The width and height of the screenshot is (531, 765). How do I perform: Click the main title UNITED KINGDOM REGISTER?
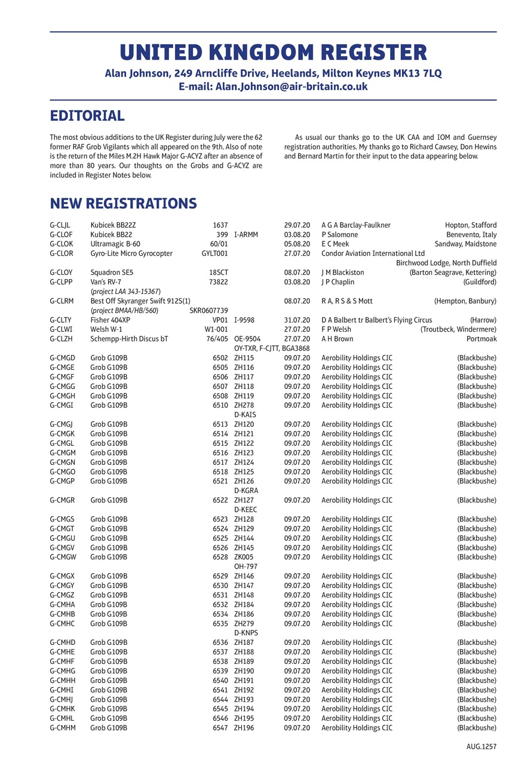click(273, 53)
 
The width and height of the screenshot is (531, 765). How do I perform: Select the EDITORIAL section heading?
click(87, 115)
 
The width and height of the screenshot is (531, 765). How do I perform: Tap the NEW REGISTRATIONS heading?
click(123, 204)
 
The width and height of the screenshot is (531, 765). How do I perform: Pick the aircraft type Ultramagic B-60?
click(115, 244)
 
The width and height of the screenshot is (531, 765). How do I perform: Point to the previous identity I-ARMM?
click(245, 235)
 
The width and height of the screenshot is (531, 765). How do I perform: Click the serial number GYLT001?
click(214, 254)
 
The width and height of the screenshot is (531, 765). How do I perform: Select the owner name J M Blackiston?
click(342, 273)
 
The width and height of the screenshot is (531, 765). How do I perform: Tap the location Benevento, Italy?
click(471, 235)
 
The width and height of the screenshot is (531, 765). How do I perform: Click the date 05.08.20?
click(297, 244)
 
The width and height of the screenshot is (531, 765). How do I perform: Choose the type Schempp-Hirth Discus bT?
click(129, 339)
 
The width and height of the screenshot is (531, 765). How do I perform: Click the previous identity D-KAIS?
click(245, 415)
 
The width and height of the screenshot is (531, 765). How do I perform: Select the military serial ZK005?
click(244, 557)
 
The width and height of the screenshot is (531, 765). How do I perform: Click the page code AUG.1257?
click(481, 746)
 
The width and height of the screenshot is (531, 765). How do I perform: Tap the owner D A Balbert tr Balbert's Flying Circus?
click(376, 320)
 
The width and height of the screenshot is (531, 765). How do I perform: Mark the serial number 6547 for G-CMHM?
click(220, 728)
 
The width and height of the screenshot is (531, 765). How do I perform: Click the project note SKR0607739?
click(208, 311)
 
